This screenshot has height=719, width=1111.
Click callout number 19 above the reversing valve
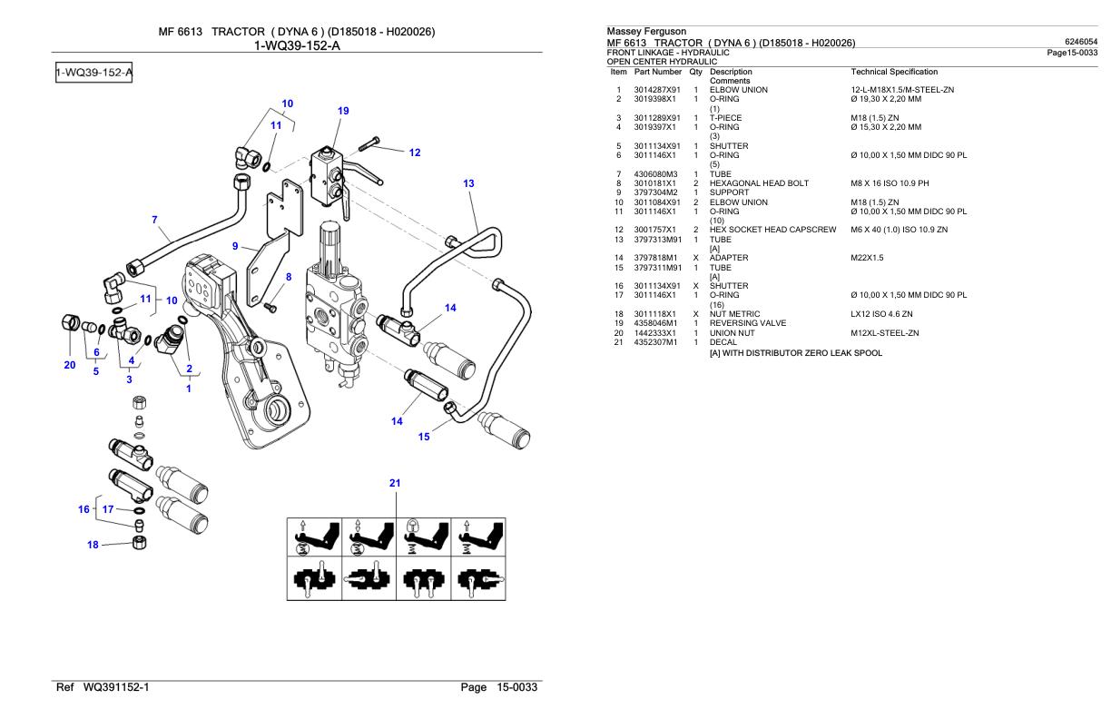(x=343, y=112)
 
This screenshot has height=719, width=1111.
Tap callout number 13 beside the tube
(x=468, y=183)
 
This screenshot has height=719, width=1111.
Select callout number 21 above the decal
(x=395, y=483)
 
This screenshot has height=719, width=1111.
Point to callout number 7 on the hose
(x=155, y=219)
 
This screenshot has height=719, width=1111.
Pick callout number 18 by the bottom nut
(x=92, y=545)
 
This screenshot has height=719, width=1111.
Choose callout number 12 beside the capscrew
(x=415, y=153)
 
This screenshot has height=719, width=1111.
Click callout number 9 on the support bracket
(x=235, y=245)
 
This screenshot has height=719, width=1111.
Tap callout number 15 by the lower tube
(x=424, y=438)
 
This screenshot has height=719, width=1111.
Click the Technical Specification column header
(x=894, y=71)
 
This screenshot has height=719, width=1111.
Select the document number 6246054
(x=1081, y=41)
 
